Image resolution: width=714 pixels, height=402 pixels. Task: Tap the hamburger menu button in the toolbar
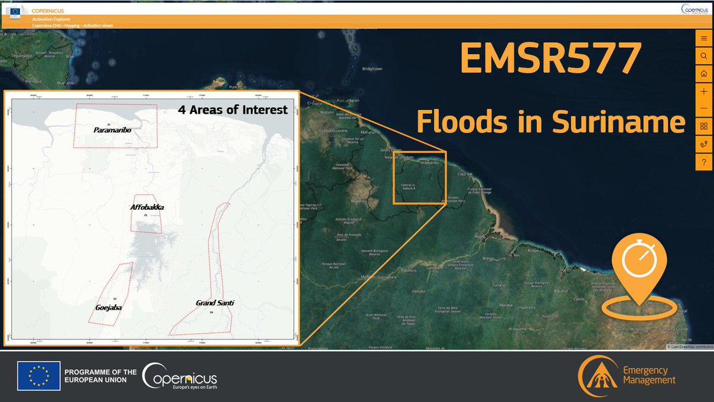pos(704,38)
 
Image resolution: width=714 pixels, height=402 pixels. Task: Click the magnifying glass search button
pos(704,56)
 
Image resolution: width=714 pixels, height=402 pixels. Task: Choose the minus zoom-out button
pos(704,108)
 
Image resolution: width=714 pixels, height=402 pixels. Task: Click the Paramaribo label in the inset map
pos(111,129)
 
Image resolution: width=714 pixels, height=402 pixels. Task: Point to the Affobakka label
pos(147,207)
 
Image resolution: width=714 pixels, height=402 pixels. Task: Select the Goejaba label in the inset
pos(108,308)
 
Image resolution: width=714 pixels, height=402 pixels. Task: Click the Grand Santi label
pos(215,303)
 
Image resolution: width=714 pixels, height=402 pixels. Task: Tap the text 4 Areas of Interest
pos(233,110)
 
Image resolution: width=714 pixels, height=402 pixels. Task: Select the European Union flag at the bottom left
pos(39,376)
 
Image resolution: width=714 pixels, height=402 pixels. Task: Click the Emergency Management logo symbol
pos(597,377)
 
